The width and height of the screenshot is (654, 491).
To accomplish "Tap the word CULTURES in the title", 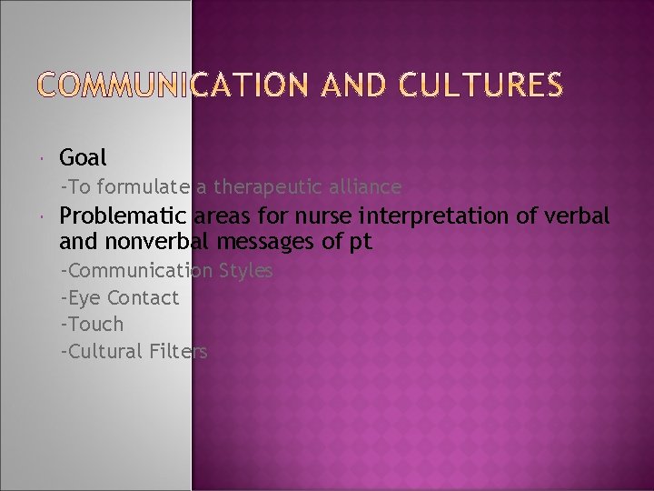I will (x=484, y=85).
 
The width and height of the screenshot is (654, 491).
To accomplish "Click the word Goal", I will (x=83, y=157).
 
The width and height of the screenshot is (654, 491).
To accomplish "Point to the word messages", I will (x=267, y=243).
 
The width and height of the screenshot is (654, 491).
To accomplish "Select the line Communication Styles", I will (x=167, y=271).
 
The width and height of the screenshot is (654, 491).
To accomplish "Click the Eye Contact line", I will (x=120, y=297).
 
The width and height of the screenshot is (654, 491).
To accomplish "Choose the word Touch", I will (x=94, y=324).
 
